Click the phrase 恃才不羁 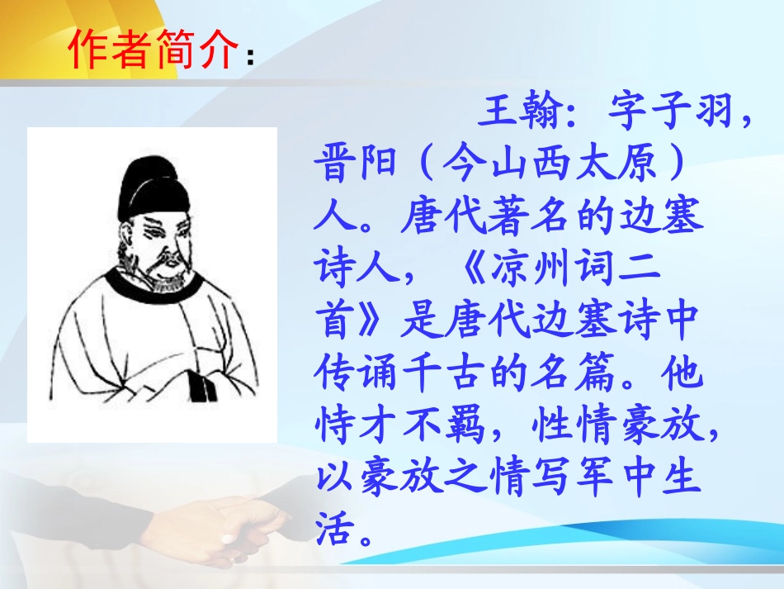tap(399, 428)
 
